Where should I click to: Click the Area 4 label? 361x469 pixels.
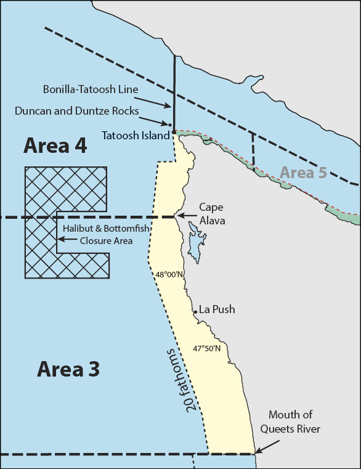click(x=55, y=146)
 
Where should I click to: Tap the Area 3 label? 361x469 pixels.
click(x=68, y=369)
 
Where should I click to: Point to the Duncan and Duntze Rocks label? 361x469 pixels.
click(x=77, y=111)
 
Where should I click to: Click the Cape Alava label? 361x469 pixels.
click(x=213, y=214)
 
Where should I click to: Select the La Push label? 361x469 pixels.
click(x=217, y=309)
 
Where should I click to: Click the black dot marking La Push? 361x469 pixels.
click(x=196, y=312)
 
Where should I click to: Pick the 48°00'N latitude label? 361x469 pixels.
click(x=169, y=275)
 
